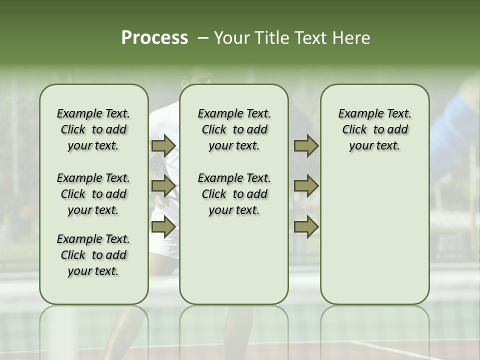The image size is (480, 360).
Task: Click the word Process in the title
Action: click(x=154, y=38)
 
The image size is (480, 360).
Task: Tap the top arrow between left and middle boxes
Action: click(x=163, y=146)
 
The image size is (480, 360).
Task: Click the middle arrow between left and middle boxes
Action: click(x=163, y=186)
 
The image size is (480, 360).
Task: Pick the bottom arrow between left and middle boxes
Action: click(x=163, y=227)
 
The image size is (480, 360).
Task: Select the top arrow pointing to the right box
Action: click(x=306, y=146)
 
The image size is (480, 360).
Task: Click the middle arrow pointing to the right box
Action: click(x=306, y=186)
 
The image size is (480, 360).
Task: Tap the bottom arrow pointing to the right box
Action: click(x=306, y=227)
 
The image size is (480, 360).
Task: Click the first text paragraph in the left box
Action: click(x=93, y=129)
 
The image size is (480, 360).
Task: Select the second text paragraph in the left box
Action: click(x=93, y=194)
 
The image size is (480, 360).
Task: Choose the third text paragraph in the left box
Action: click(x=93, y=255)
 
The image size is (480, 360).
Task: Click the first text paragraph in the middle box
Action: click(x=234, y=129)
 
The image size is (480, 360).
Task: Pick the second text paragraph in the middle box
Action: click(x=234, y=194)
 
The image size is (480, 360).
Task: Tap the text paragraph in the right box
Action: click(x=375, y=129)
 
